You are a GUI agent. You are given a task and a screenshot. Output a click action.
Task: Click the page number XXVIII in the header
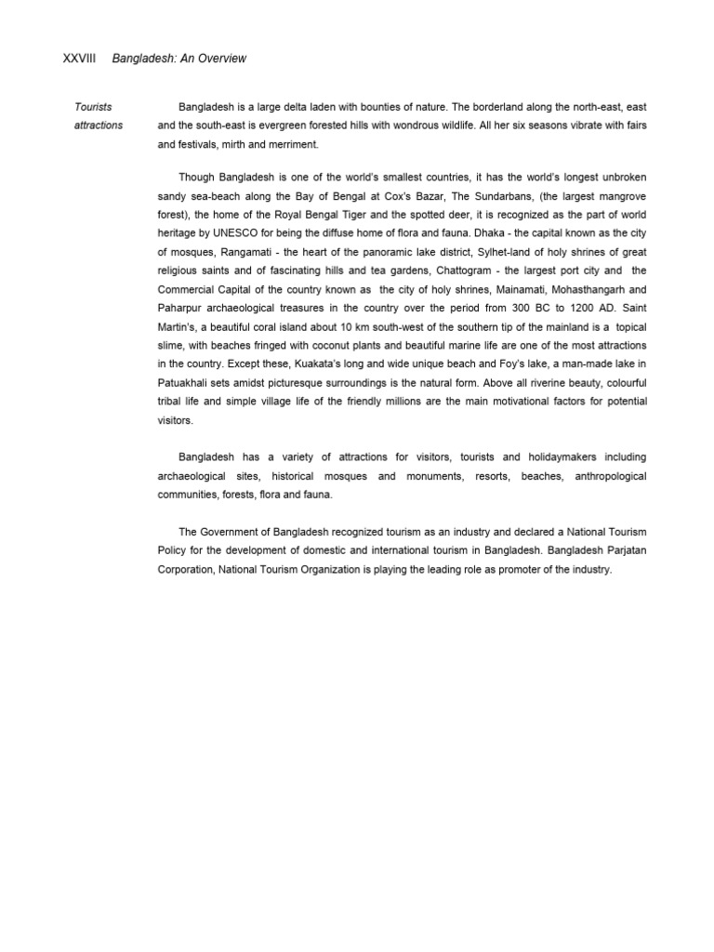tap(79, 59)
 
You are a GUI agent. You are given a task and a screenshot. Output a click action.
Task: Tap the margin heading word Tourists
tap(93, 107)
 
